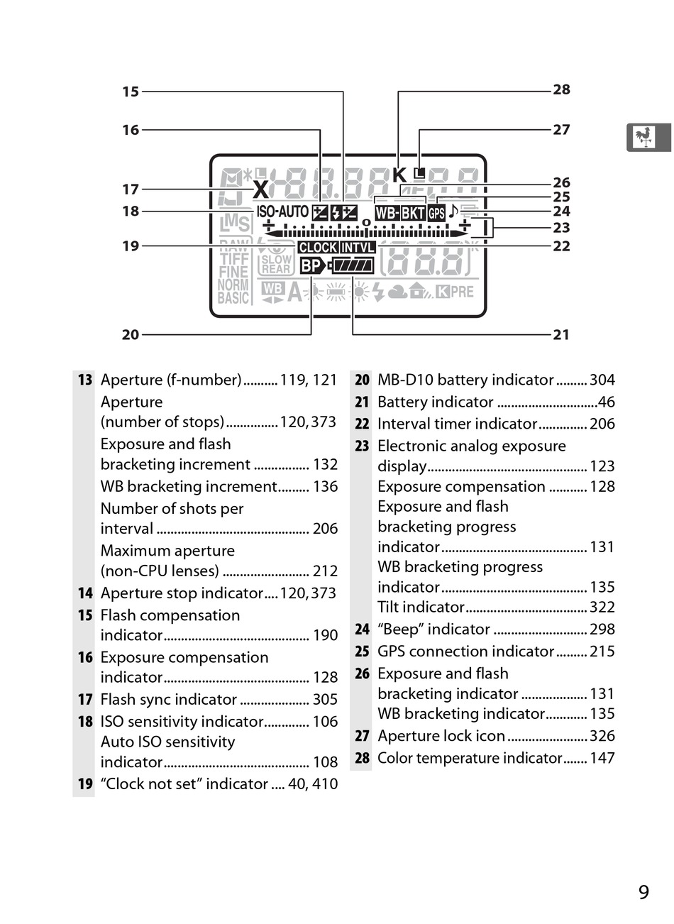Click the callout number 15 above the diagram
131,92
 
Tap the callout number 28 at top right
561,89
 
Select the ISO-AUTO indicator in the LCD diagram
282,211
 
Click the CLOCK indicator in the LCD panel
317,248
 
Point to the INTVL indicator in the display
358,248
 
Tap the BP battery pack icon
311,266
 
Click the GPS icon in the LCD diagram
436,213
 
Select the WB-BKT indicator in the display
400,213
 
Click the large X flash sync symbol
261,189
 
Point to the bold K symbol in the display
399,175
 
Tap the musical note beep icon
453,211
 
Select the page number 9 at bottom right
643,892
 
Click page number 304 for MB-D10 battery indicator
602,380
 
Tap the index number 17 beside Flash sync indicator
85,700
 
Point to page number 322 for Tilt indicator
602,607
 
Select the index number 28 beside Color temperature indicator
362,758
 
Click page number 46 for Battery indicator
607,402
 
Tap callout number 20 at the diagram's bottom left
131,335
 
